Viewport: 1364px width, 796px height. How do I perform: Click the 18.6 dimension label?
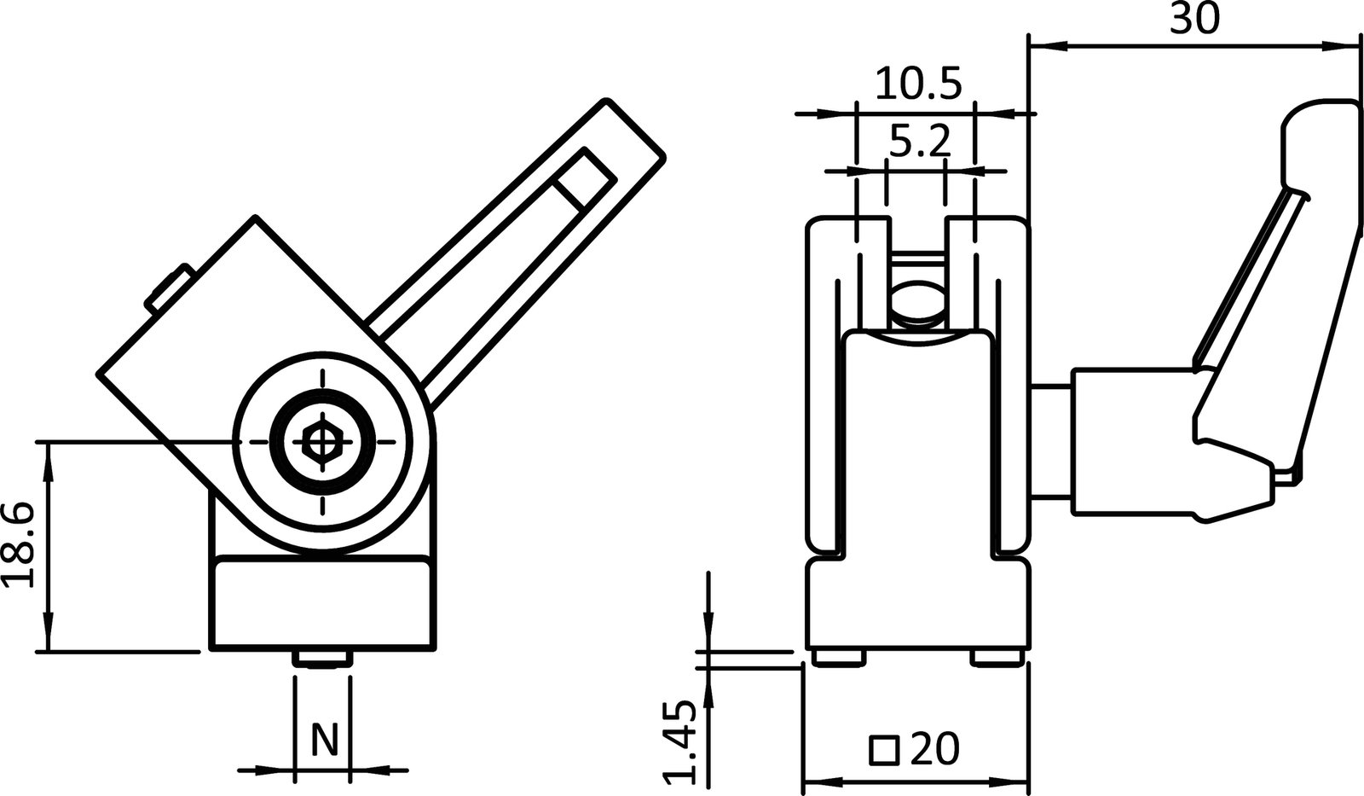pyautogui.click(x=19, y=545)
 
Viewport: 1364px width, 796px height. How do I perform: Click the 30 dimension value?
pyautogui.click(x=1193, y=19)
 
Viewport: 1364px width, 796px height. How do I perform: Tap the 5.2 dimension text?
pyautogui.click(x=919, y=141)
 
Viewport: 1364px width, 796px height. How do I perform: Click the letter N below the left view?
pyautogui.click(x=323, y=739)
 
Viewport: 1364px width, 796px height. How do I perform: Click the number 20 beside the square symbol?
pyautogui.click(x=934, y=749)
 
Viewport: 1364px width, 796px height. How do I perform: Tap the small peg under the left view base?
pyautogui.click(x=322, y=659)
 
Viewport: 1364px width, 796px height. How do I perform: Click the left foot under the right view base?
pyautogui.click(x=839, y=658)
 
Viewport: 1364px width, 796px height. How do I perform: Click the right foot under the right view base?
pyautogui.click(x=997, y=658)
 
